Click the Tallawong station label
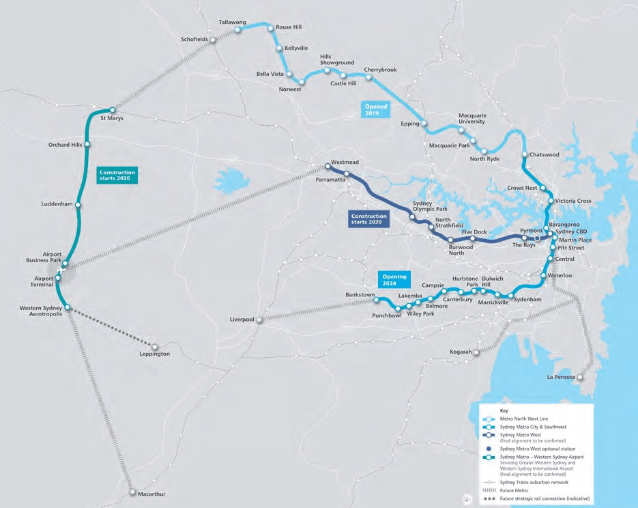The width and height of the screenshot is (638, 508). [232, 22]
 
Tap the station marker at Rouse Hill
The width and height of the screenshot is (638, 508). [270, 28]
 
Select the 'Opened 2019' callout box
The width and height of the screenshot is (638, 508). [375, 110]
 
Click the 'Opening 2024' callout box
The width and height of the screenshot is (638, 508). [394, 279]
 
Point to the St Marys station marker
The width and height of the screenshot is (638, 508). [113, 110]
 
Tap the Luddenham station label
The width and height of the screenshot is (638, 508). [57, 204]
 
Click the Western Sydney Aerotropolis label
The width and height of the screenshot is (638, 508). [40, 311]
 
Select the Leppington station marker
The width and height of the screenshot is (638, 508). [155, 346]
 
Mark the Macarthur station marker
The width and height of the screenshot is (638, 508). [132, 491]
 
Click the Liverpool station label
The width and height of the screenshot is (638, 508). [242, 319]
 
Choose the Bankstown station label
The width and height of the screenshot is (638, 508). [360, 295]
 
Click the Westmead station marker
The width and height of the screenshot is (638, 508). [328, 166]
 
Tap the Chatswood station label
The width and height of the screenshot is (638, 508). [545, 154]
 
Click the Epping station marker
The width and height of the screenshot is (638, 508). [424, 124]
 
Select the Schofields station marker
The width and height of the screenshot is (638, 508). [213, 40]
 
